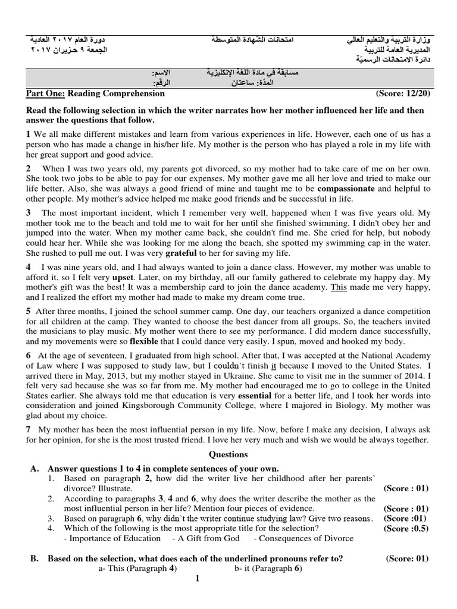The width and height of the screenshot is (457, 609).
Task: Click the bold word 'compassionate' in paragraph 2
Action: (x=346, y=189)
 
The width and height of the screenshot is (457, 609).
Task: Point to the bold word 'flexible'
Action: (x=146, y=342)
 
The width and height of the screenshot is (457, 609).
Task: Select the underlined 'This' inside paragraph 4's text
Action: (x=339, y=287)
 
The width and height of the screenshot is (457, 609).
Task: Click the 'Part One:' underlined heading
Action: (x=46, y=93)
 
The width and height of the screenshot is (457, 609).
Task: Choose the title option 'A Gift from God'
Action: (x=206, y=538)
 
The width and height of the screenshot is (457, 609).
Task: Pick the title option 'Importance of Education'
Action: (x=112, y=538)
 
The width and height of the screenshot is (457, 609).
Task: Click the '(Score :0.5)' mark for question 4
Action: (x=406, y=528)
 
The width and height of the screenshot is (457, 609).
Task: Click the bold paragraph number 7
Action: (x=28, y=429)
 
